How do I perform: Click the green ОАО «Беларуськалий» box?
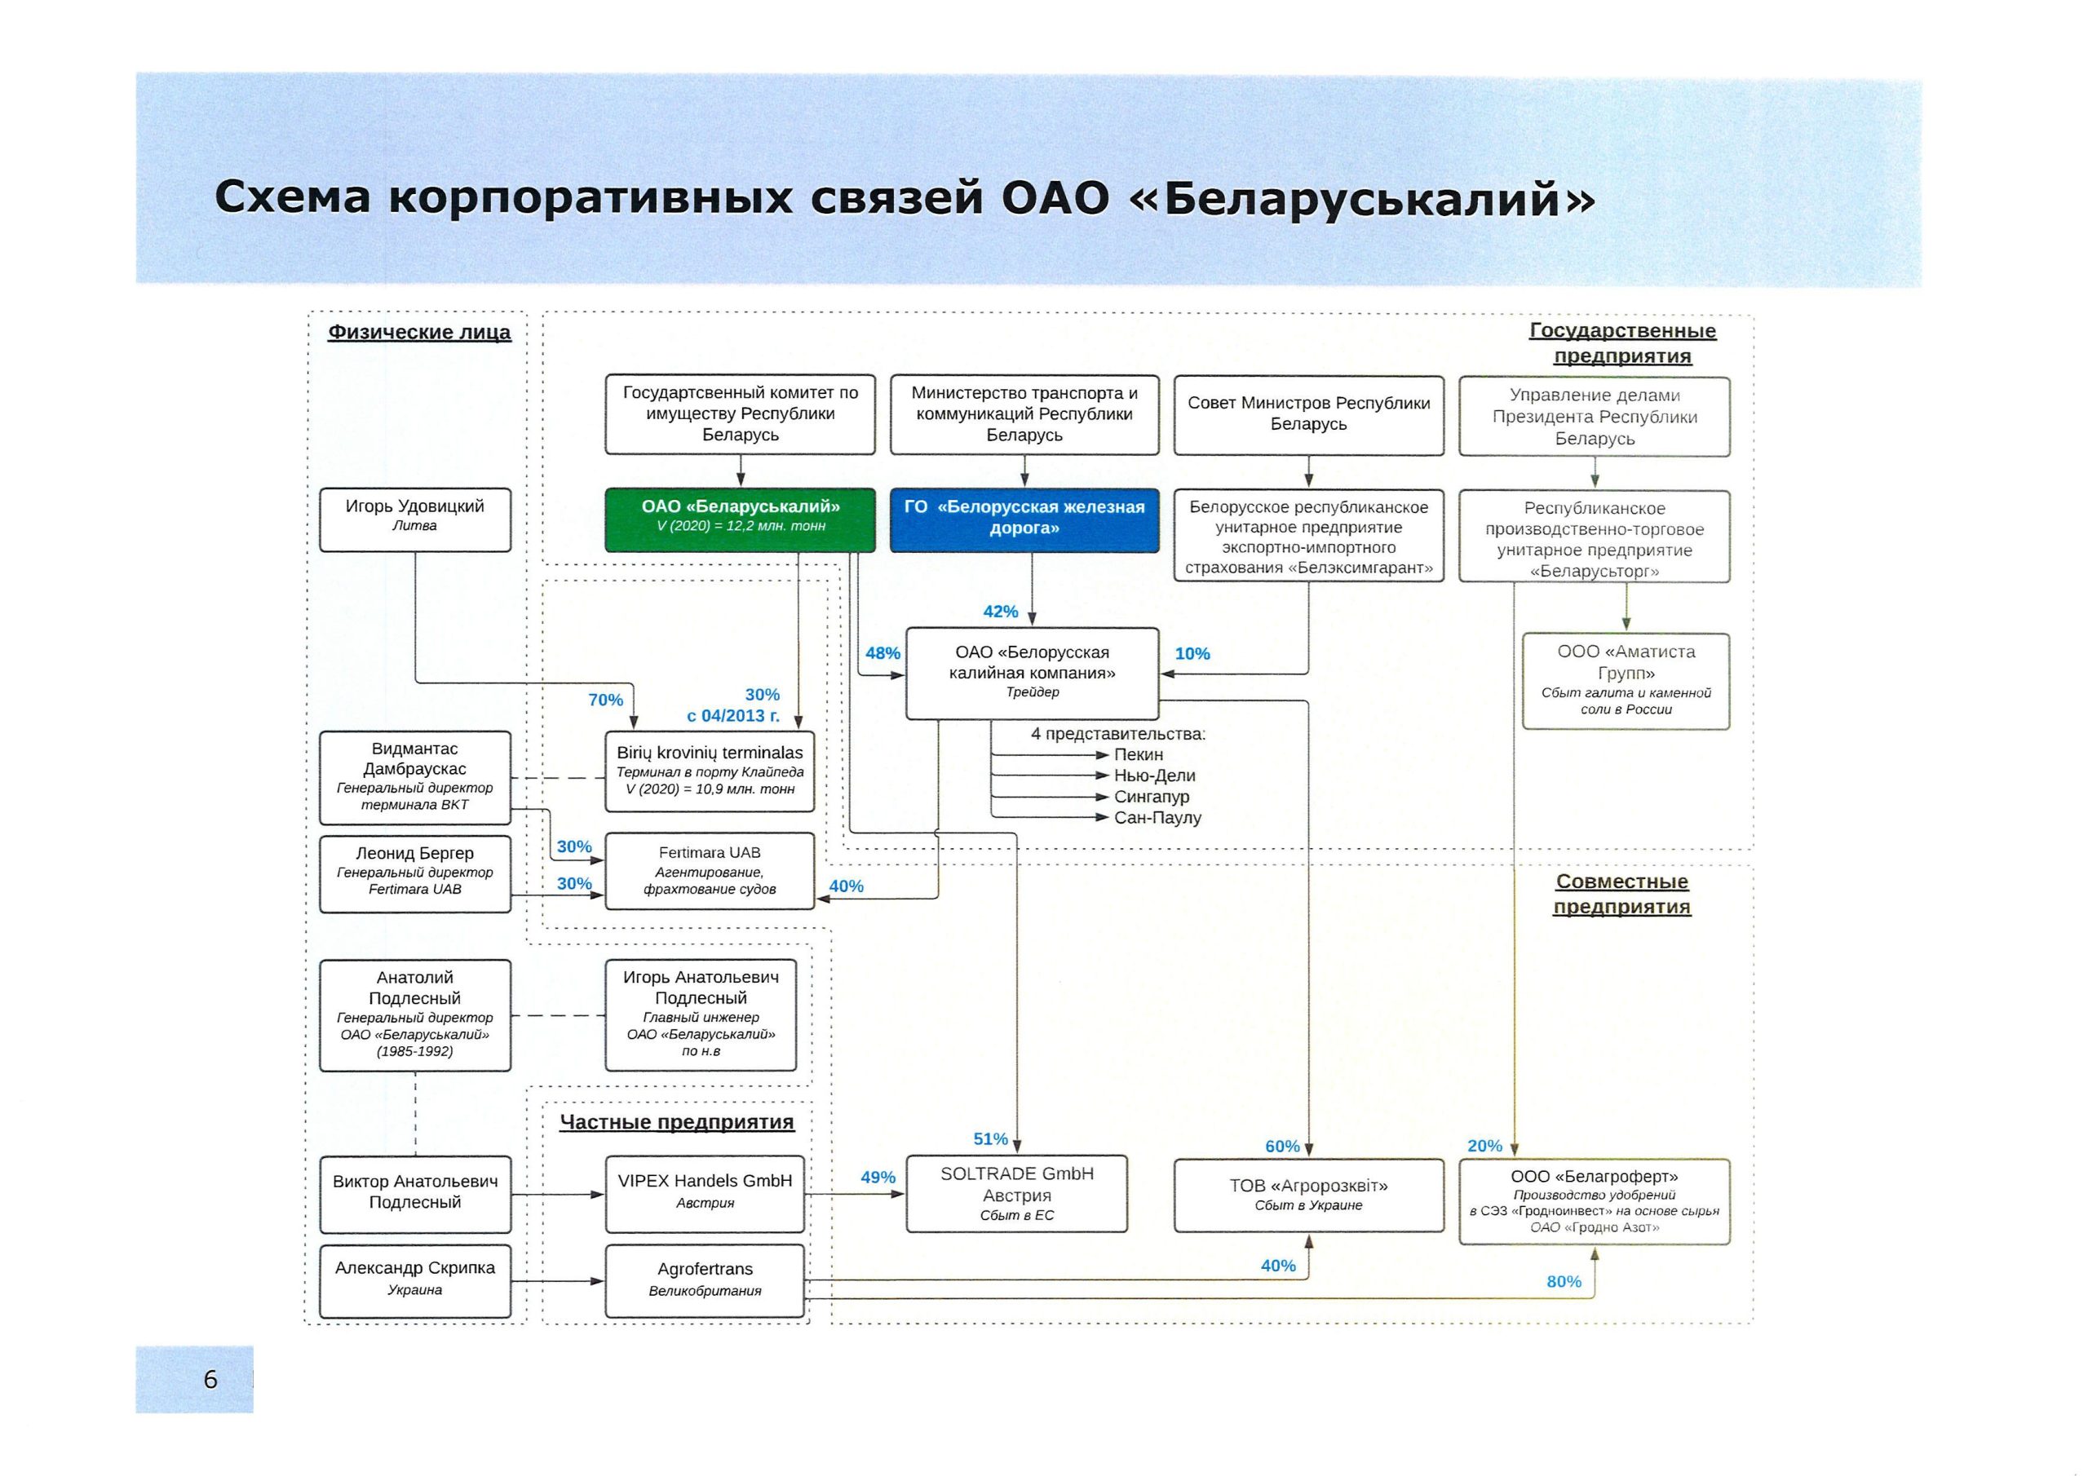[741, 519]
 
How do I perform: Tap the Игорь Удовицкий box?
[414, 519]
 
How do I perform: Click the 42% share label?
[1000, 611]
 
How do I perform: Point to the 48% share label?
[883, 653]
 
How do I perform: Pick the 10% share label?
[1192, 653]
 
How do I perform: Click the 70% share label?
[606, 700]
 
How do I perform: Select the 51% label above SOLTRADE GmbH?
[990, 1138]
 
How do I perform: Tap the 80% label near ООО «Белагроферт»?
[1564, 1281]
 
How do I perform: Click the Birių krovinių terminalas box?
[710, 771]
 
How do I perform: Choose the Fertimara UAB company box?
[710, 870]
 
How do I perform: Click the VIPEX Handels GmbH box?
[705, 1193]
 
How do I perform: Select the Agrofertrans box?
[705, 1280]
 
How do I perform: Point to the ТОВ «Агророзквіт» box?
[1308, 1195]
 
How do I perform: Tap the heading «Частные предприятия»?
[677, 1121]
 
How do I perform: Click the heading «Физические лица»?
[419, 332]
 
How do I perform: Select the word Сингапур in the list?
[1152, 797]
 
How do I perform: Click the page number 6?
[211, 1380]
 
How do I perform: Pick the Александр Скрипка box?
[414, 1280]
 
